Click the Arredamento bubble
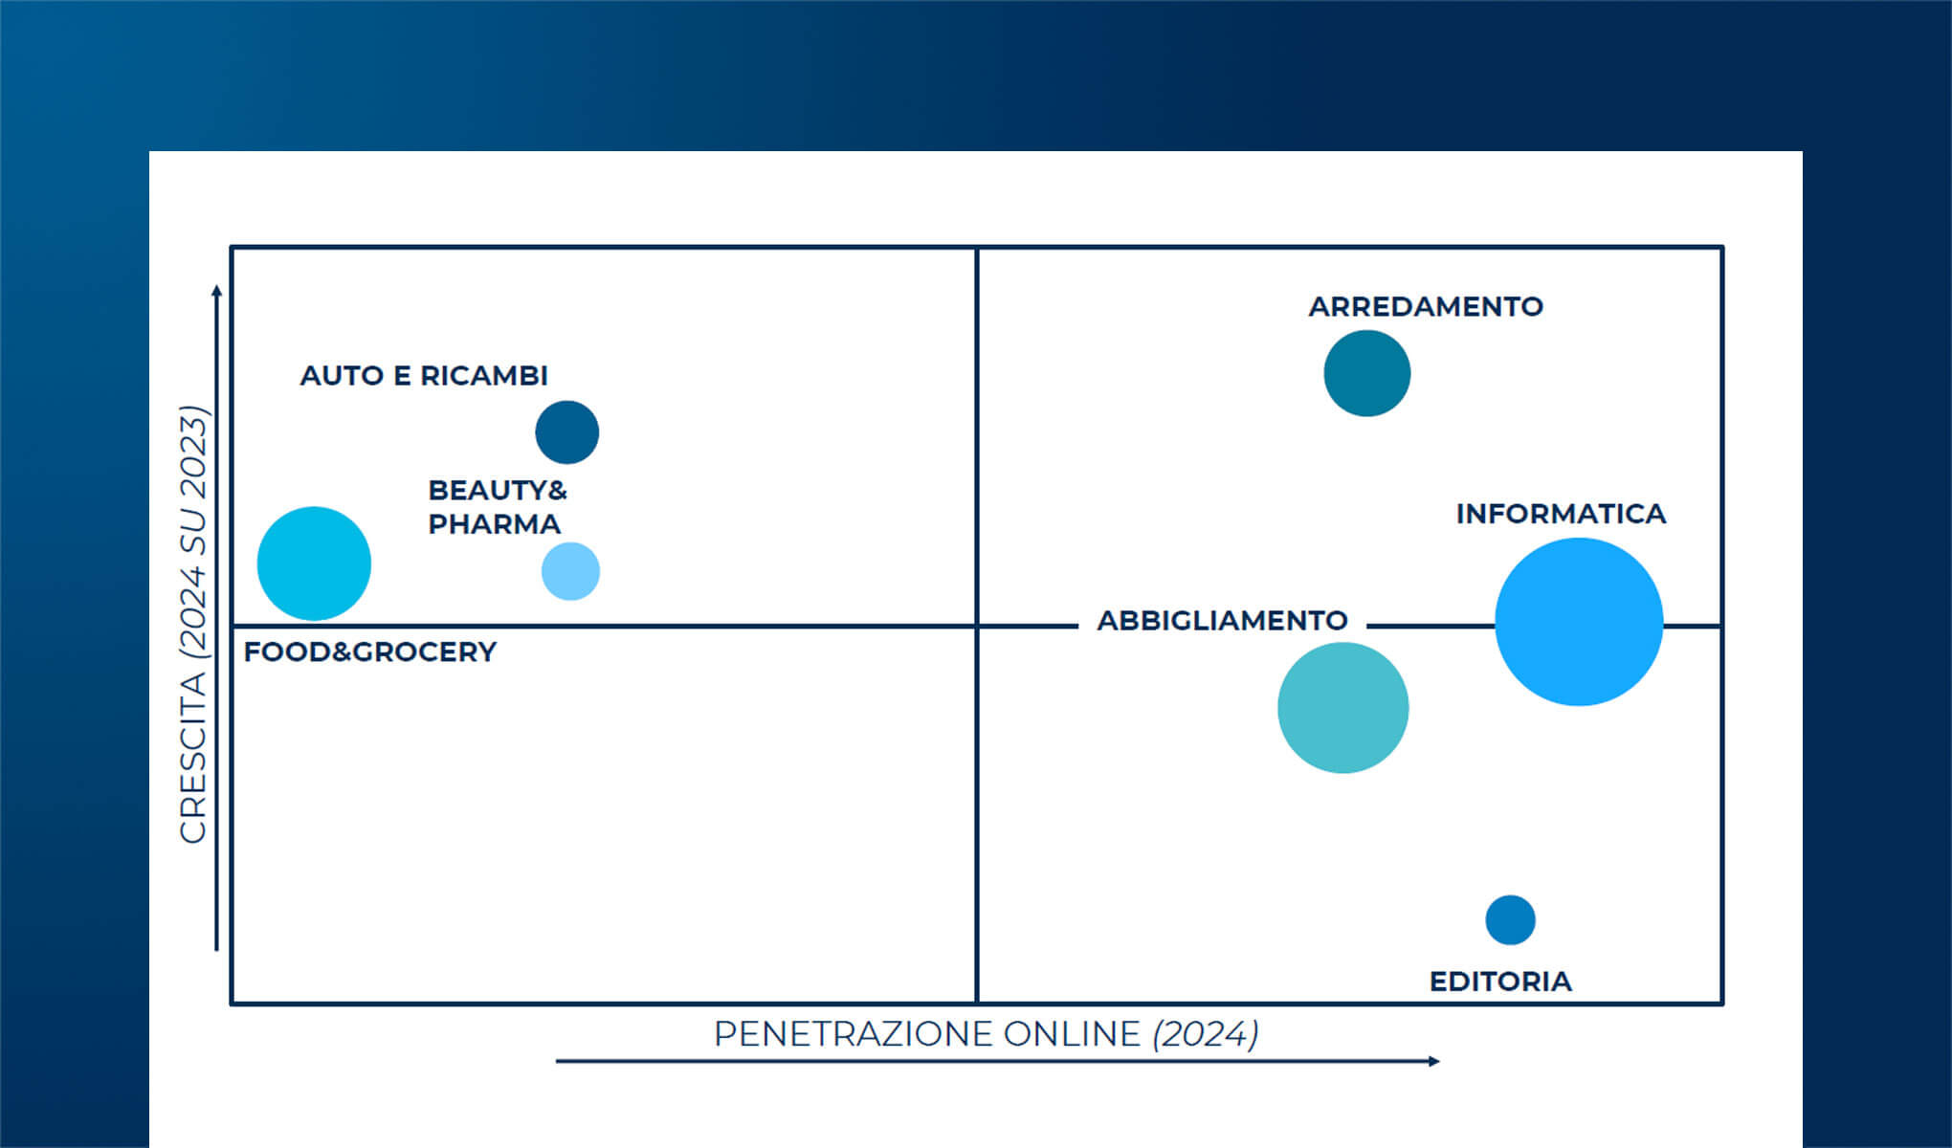point(1366,373)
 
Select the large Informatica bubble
point(1579,622)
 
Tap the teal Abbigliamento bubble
point(1342,708)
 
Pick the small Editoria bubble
point(1510,920)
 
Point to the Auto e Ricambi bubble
point(566,432)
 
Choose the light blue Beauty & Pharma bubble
point(570,571)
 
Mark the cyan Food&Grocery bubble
point(314,563)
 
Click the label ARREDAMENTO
point(1426,307)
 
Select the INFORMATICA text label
point(1561,514)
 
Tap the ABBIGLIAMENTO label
point(1222,621)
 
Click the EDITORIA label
point(1500,982)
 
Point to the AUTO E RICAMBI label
point(424,376)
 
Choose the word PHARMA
point(494,524)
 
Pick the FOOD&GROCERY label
point(370,652)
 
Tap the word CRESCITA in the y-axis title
point(193,758)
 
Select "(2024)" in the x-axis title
point(1206,1034)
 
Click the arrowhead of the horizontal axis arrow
point(1434,1061)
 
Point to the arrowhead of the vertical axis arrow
point(217,290)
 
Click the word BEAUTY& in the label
point(498,491)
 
